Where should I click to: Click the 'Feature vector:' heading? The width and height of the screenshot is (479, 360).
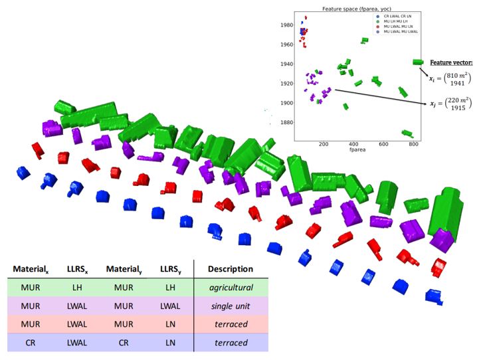(452, 61)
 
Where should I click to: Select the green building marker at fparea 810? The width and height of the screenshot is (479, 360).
(418, 62)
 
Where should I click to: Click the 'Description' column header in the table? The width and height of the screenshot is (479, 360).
(230, 269)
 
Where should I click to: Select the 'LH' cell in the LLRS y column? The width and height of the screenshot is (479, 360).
(169, 288)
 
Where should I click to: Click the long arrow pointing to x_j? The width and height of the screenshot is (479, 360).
(379, 97)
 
